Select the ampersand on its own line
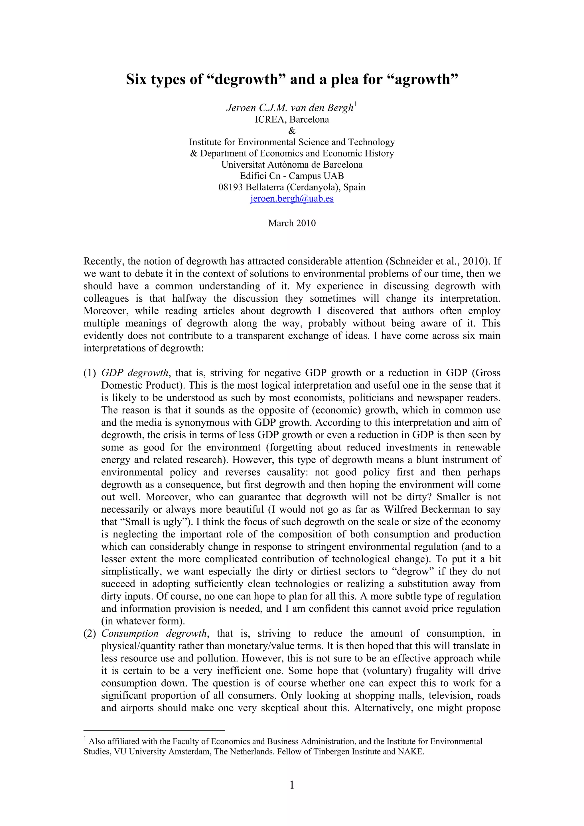tap(292, 131)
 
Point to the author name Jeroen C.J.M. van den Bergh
tap(290, 107)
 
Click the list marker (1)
tap(90, 373)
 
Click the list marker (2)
tap(90, 633)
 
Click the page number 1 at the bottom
tap(292, 785)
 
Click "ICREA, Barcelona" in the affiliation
tap(292, 119)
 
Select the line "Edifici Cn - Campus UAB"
tap(292, 176)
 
